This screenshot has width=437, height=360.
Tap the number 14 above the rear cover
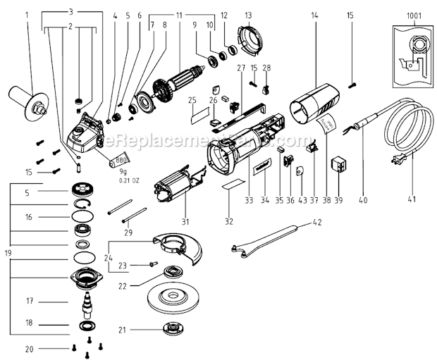coord(315,15)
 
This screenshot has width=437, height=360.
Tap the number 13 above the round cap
coord(248,15)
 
